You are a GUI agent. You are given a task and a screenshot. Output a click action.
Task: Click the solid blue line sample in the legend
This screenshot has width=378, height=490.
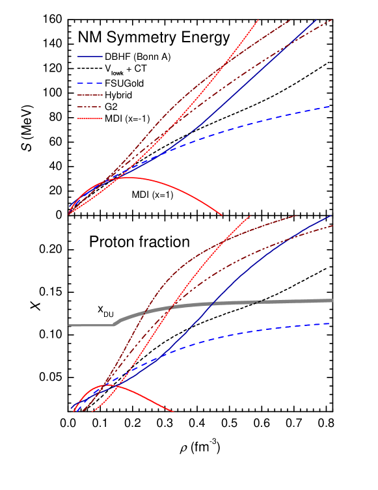tap(90, 57)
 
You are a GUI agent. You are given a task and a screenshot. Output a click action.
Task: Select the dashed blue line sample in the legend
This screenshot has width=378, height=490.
tap(90, 83)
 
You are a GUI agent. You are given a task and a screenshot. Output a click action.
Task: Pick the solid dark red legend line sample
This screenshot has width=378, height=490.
tap(90, 95)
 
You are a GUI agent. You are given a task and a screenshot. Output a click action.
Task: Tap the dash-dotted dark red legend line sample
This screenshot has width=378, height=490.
tap(90, 107)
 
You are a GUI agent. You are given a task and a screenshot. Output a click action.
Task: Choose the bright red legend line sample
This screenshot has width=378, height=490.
tap(90, 118)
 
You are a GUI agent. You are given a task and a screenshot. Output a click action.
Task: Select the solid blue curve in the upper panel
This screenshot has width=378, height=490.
tap(260, 72)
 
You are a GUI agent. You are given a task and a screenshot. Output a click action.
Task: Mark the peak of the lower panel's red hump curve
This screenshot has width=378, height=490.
tap(107, 385)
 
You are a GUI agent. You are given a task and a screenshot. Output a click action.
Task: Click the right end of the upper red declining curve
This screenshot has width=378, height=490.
tap(222, 214)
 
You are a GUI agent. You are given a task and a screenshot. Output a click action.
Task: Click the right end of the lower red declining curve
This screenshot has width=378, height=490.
tap(173, 411)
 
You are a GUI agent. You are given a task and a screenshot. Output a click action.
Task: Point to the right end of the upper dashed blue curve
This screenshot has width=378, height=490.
tap(330, 107)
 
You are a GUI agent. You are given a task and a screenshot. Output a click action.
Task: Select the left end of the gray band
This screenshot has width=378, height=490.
tap(70, 325)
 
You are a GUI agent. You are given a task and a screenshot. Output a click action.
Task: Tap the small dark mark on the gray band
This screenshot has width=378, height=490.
tap(257, 302)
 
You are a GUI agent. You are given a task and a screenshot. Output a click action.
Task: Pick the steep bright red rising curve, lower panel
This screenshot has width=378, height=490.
tap(195, 273)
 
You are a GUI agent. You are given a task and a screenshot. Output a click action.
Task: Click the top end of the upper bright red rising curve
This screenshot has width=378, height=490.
tap(258, 20)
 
